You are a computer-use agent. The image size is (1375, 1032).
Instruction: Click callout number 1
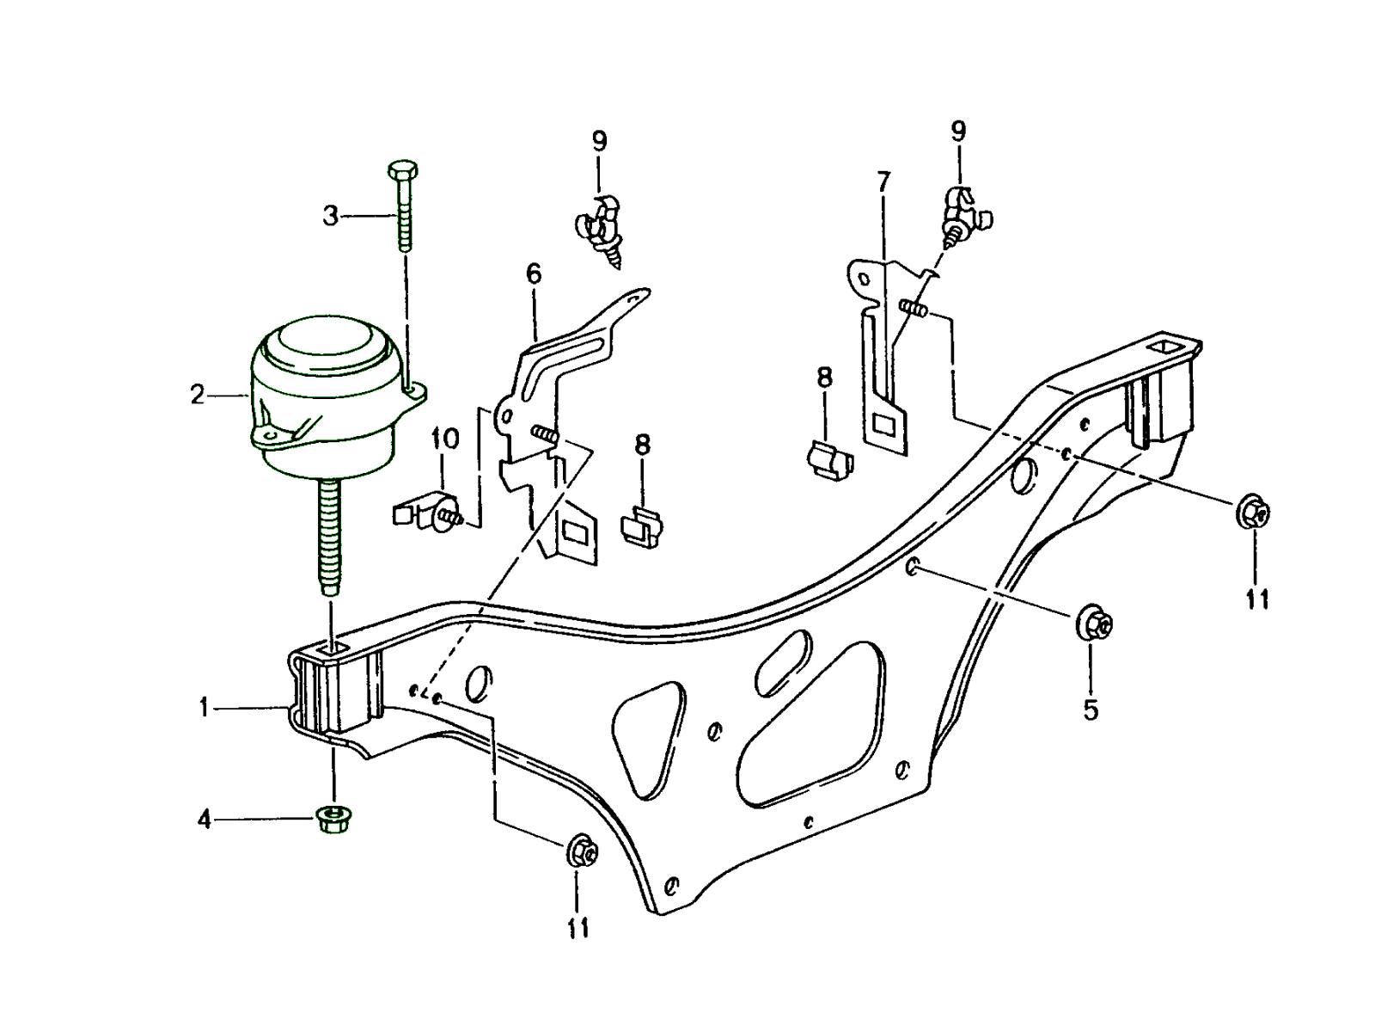[204, 708]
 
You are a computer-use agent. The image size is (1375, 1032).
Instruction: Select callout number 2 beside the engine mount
[199, 396]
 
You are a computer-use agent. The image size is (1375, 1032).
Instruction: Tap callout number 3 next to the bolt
[331, 216]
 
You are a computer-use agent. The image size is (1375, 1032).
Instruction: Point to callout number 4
[204, 820]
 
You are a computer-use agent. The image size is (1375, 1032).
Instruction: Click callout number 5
[1091, 710]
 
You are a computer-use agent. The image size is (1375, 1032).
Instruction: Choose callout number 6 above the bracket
[534, 274]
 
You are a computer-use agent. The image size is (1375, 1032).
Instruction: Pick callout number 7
[883, 181]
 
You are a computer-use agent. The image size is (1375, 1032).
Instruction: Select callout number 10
[445, 439]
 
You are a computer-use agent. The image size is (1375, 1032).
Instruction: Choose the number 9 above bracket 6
[599, 142]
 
